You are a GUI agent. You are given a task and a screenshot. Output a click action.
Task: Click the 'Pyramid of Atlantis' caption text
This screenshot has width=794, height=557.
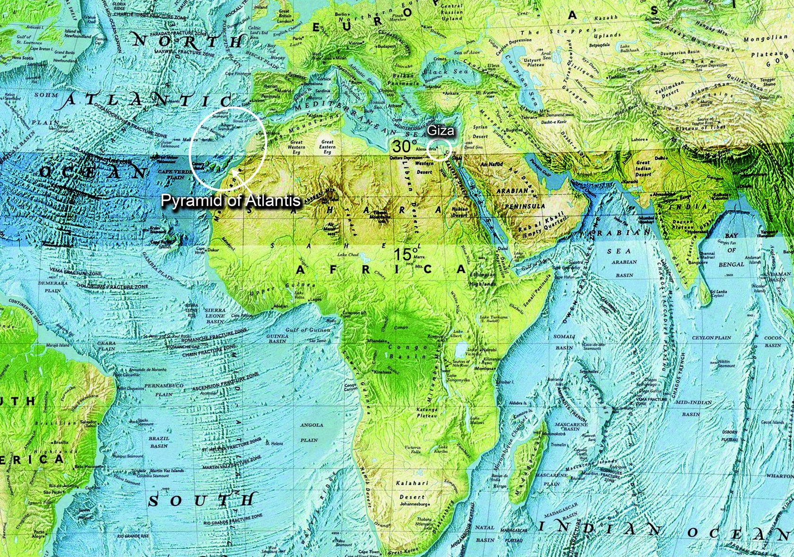click(x=231, y=200)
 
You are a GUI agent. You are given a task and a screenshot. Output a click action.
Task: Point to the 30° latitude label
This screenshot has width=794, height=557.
click(x=405, y=146)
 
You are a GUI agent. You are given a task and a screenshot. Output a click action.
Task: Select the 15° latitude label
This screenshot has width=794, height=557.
click(x=406, y=254)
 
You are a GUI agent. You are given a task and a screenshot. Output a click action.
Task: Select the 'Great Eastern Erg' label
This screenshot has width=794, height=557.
click(x=327, y=146)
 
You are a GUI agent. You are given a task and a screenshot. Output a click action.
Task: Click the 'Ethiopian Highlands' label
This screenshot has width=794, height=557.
click(x=483, y=279)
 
